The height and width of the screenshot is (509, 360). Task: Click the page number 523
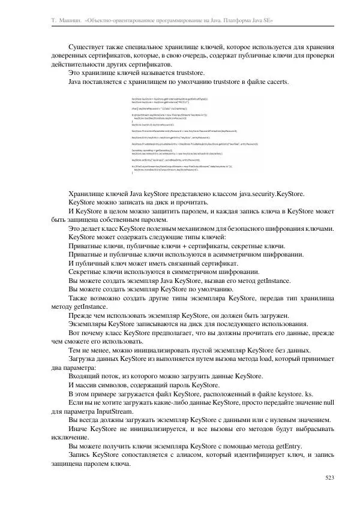(328, 477)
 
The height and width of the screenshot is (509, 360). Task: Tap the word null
(326, 403)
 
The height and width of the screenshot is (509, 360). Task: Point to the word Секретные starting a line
(87, 272)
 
